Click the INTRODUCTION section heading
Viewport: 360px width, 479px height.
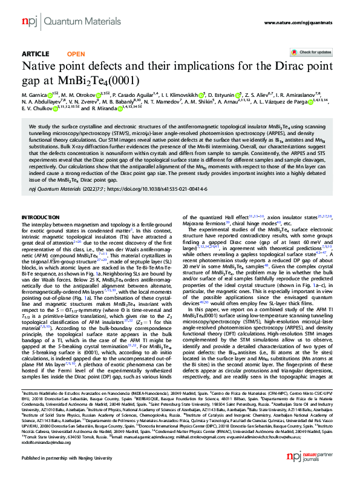[x=41, y=216]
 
